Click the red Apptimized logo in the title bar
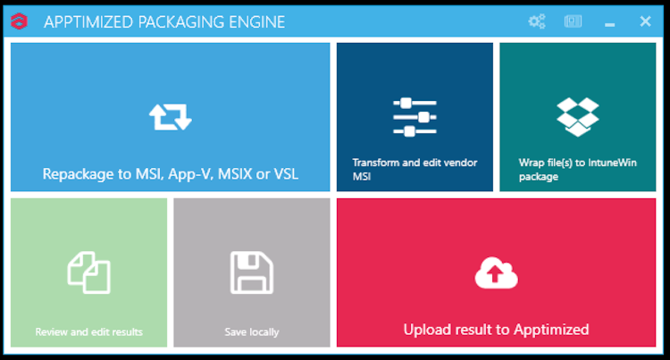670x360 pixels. point(19,21)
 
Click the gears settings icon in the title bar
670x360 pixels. point(537,21)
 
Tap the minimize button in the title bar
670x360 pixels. point(609,21)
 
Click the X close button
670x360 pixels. point(645,21)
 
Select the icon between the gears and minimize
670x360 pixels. point(573,21)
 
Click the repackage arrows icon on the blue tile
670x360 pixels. point(170,116)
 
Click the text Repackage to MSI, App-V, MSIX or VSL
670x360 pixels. point(170,174)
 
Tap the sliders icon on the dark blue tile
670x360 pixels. point(415,116)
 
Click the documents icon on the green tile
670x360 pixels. point(88,272)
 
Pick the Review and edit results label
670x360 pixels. point(88,332)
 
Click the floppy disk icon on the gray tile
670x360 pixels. point(252,272)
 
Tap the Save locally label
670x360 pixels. point(252,332)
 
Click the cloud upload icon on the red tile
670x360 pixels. point(496,273)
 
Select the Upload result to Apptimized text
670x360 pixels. point(496,330)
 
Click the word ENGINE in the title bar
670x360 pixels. point(255,21)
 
